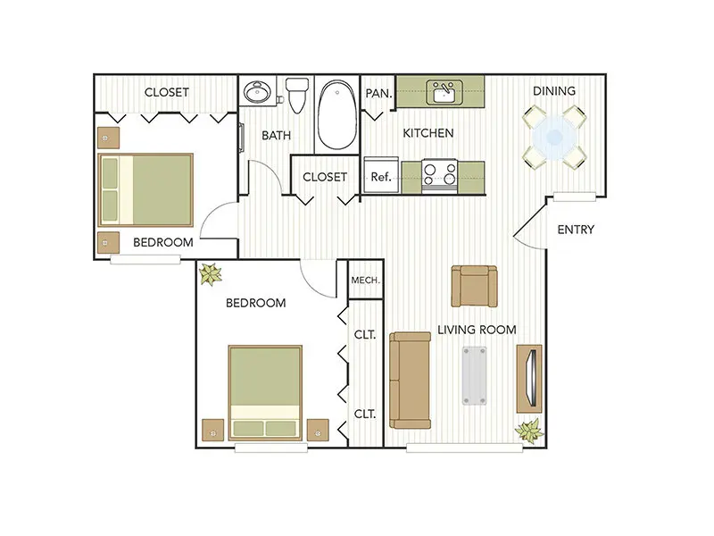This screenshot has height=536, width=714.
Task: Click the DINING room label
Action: point(553,91)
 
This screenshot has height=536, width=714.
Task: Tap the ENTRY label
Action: point(576,230)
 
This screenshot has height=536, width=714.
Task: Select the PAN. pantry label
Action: point(378,94)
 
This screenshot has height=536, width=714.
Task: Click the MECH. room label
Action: point(365,280)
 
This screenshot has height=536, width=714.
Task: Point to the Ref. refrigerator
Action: point(381,175)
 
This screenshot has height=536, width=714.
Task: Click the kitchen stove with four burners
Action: point(439,176)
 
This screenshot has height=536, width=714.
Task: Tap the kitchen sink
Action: point(444,92)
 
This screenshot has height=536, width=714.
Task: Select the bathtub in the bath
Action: point(337,115)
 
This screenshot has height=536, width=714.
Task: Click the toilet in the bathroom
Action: point(297,95)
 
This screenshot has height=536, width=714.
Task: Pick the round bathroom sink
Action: point(257,92)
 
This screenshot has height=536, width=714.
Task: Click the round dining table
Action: point(554,137)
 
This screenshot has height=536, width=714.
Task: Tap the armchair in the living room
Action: point(474,286)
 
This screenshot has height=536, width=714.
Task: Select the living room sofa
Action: point(410,381)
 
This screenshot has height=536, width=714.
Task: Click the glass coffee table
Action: point(474,376)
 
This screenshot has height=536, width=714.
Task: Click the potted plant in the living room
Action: point(529,431)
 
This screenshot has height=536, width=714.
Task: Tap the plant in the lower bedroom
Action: point(211,274)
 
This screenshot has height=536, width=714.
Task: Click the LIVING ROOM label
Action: point(477,330)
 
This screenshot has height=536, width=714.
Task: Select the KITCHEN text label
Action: point(428,133)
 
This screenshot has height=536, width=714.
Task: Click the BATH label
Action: point(276,136)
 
